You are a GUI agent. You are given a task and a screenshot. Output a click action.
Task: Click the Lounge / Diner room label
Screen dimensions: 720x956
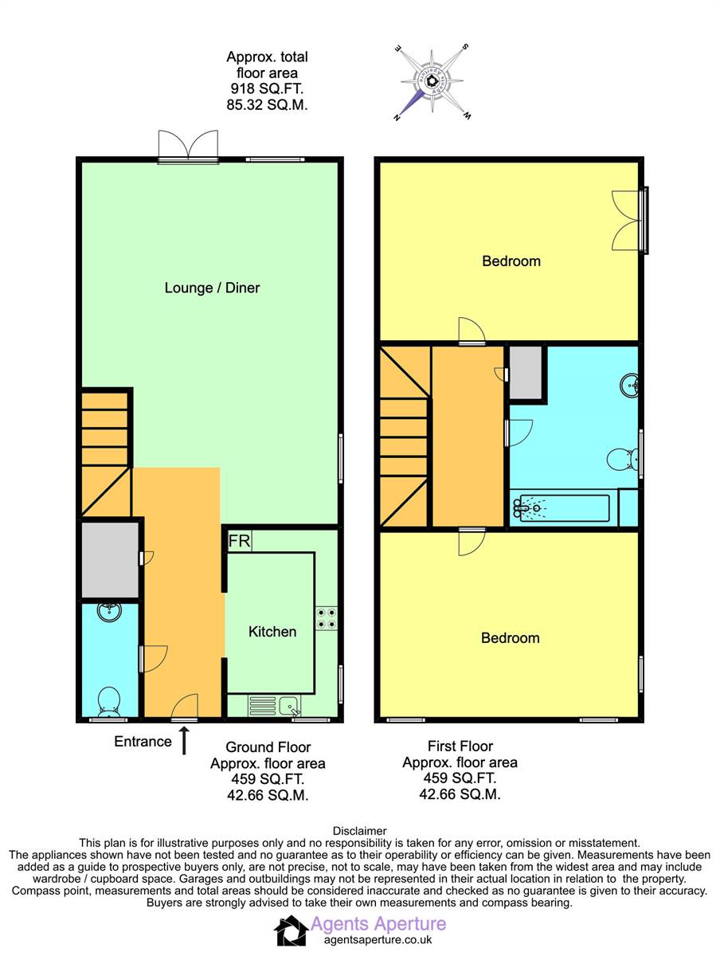(212, 288)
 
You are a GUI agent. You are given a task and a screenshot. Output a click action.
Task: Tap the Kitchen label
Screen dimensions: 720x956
(272, 632)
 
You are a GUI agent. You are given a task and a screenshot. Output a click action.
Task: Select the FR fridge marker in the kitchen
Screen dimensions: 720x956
(240, 541)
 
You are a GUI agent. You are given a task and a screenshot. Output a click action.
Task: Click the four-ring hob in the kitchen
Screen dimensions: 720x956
(327, 618)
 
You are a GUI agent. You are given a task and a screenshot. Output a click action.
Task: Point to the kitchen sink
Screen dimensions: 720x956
(288, 706)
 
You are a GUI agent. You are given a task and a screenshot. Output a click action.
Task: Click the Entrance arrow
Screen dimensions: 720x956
(184, 740)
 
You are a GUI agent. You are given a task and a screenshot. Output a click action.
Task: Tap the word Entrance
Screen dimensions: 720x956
(143, 742)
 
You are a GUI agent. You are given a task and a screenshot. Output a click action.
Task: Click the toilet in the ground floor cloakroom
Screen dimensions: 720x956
(109, 702)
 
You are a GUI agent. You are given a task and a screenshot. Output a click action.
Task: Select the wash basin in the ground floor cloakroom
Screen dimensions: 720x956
(110, 612)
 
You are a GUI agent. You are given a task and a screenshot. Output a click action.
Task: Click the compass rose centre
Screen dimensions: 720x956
(432, 80)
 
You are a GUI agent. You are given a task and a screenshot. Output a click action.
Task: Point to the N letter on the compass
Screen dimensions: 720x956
(397, 117)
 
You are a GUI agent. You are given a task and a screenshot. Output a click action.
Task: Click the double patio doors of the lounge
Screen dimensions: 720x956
(188, 147)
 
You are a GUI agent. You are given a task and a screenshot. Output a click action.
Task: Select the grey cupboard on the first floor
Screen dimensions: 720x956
(526, 372)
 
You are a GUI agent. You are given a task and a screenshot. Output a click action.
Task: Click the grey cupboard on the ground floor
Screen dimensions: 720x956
(110, 560)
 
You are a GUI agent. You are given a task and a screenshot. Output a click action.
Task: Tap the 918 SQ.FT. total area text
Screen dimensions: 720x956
(267, 88)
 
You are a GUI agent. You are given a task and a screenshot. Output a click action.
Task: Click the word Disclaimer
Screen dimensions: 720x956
(359, 831)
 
